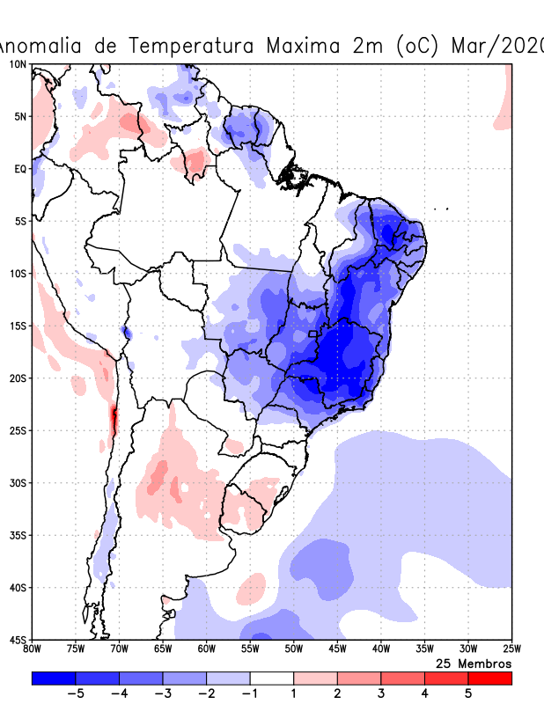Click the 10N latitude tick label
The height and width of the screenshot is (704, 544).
pyautogui.click(x=18, y=64)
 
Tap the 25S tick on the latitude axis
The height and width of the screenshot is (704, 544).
pyautogui.click(x=18, y=430)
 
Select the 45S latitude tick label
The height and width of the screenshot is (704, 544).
pyautogui.click(x=18, y=639)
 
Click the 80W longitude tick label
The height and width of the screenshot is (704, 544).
pyautogui.click(x=32, y=649)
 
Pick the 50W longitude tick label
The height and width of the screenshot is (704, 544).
pyautogui.click(x=293, y=649)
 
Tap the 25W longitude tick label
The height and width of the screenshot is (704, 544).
pyautogui.click(x=511, y=649)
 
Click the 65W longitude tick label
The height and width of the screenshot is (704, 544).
pyautogui.click(x=163, y=649)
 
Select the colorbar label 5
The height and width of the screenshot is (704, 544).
pyautogui.click(x=468, y=693)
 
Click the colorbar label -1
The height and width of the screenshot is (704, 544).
pyautogui.click(x=249, y=693)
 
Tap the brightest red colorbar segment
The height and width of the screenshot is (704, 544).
pyautogui.click(x=489, y=678)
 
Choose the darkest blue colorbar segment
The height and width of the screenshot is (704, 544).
pyautogui.click(x=54, y=678)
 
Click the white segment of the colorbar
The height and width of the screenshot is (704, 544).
pyautogui.click(x=271, y=678)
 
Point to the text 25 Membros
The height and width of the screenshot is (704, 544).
pyautogui.click(x=474, y=663)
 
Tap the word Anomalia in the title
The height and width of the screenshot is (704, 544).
pyautogui.click(x=44, y=45)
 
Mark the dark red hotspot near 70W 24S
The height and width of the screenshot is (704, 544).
pyautogui.click(x=113, y=420)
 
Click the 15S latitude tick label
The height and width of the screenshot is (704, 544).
pyautogui.click(x=18, y=326)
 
